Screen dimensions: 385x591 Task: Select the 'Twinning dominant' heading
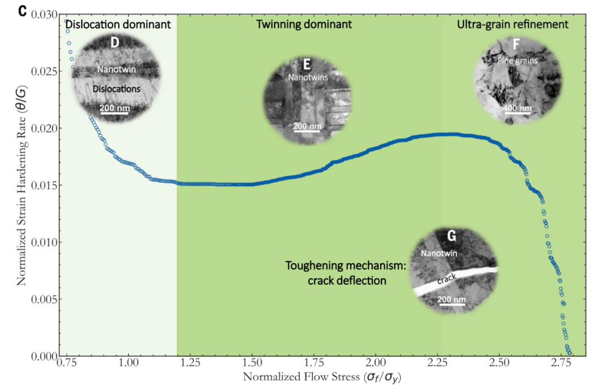[304, 25]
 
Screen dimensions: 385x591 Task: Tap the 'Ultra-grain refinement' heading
[512, 25]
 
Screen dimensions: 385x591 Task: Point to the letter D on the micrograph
[115, 43]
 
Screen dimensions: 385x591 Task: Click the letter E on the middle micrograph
[307, 64]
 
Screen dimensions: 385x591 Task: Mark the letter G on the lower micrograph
[452, 236]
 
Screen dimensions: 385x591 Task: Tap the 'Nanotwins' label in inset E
[308, 78]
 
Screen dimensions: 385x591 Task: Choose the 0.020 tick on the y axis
[47, 128]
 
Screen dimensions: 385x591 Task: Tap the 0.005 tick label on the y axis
[47, 300]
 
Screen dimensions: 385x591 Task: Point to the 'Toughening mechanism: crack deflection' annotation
[344, 273]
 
